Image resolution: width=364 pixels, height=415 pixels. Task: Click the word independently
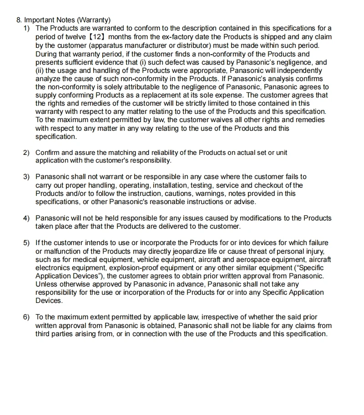300,71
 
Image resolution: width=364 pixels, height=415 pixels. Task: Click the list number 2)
27,152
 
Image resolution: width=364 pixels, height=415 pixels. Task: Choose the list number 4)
27,218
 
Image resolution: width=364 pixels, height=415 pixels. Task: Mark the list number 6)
27,317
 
